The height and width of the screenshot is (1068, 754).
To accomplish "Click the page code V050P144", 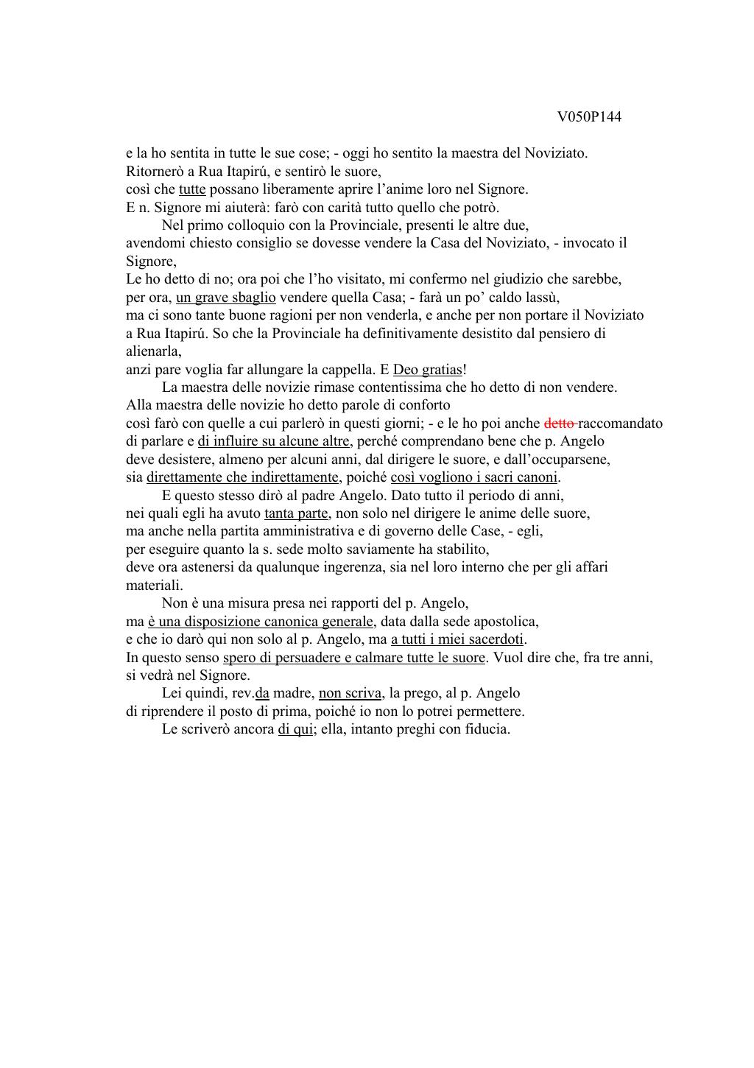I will (x=589, y=117).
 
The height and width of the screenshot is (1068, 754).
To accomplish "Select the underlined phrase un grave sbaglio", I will (x=226, y=298).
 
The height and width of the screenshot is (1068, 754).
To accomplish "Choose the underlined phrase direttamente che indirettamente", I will (x=242, y=477).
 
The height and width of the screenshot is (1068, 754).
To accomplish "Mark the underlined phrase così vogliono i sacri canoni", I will (x=474, y=477).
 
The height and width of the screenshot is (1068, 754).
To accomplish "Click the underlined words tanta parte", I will (x=295, y=513).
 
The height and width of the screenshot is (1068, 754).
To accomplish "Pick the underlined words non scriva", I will (x=350, y=693).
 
